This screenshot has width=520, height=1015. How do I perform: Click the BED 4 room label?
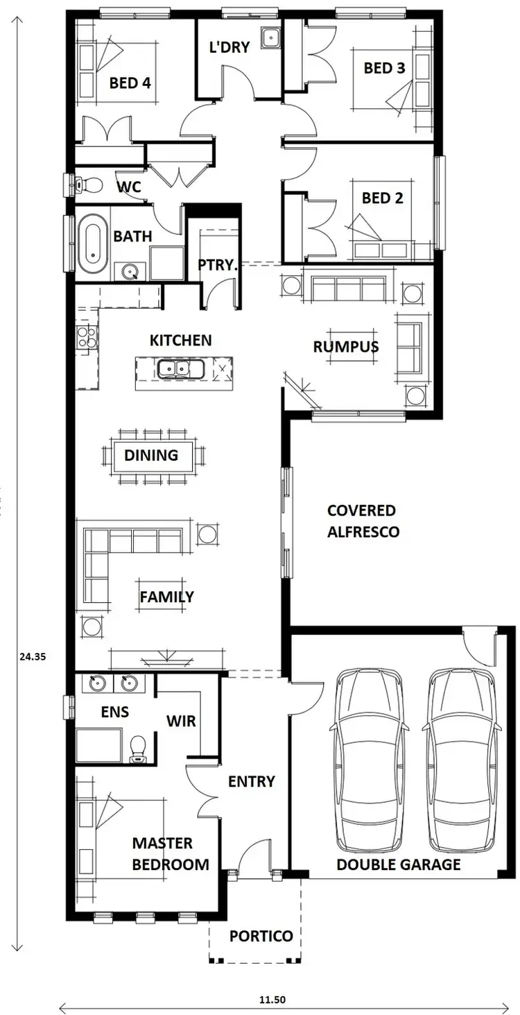(x=130, y=83)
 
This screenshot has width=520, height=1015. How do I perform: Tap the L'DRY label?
(x=229, y=48)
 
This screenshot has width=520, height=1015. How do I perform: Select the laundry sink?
(x=270, y=37)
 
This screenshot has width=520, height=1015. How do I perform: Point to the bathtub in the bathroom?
(x=92, y=244)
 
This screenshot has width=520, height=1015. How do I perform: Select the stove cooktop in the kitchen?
(x=87, y=337)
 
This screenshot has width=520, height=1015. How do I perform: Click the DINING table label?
(x=151, y=456)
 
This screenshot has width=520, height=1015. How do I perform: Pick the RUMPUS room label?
(x=345, y=347)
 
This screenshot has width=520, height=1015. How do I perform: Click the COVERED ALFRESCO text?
(x=363, y=521)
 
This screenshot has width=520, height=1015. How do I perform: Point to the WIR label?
(x=181, y=721)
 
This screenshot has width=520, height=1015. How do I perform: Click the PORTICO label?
(x=261, y=936)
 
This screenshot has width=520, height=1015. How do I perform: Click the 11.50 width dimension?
(x=272, y=1000)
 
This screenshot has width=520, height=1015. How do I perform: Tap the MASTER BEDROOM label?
(x=171, y=854)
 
